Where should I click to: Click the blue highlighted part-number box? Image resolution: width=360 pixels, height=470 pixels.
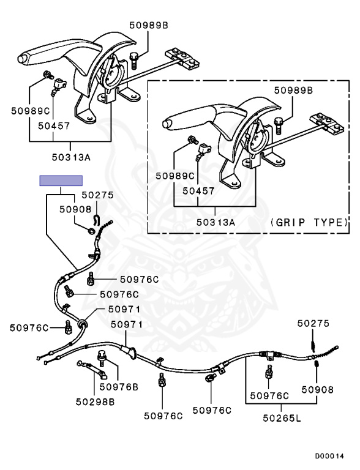(x=61, y=181)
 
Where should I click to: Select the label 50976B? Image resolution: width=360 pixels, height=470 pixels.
(x=119, y=387)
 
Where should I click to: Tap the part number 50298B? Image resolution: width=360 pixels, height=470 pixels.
(x=95, y=401)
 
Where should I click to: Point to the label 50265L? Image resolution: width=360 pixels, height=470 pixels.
(x=282, y=418)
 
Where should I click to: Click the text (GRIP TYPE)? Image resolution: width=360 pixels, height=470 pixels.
(x=309, y=222)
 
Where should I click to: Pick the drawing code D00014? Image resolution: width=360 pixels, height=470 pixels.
(x=329, y=456)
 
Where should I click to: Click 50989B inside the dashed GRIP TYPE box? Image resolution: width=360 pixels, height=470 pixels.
(x=293, y=90)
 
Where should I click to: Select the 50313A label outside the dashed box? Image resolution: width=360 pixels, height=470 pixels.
(x=71, y=157)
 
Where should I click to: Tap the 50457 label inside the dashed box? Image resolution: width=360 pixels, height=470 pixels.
(x=198, y=191)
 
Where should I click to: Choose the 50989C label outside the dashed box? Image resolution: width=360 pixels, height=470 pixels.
(x=30, y=111)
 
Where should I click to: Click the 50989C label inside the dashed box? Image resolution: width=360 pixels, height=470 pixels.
(x=175, y=176)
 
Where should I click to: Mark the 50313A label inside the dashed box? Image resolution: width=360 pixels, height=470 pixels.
(x=216, y=222)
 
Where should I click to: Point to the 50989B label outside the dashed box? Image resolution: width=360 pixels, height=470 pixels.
(x=149, y=25)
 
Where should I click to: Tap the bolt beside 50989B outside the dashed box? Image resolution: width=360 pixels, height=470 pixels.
(x=133, y=61)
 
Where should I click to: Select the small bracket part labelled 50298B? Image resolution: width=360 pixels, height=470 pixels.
(x=92, y=368)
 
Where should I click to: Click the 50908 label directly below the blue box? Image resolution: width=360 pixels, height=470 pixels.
(x=75, y=209)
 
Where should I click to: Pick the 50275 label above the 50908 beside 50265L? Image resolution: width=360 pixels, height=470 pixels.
(x=313, y=323)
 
